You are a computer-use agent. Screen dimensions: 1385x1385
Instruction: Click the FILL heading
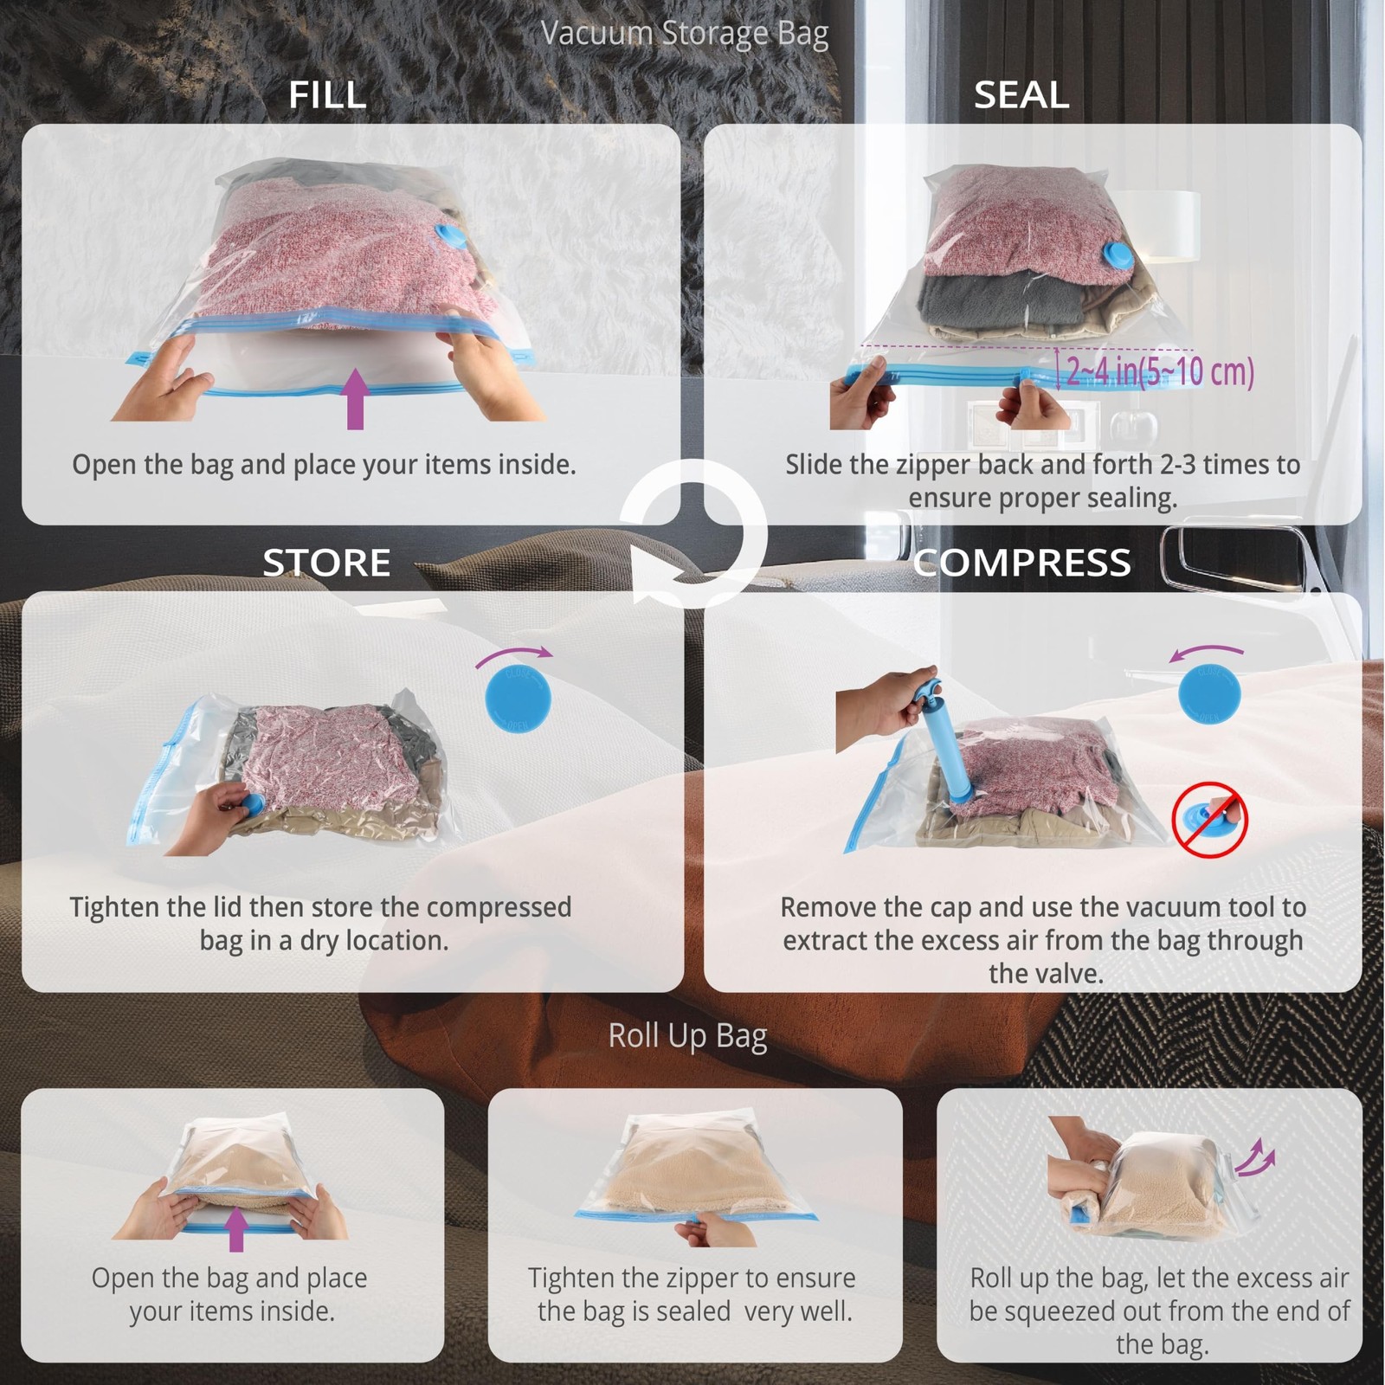coord(327,94)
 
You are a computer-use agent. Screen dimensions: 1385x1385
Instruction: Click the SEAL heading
coord(1021,94)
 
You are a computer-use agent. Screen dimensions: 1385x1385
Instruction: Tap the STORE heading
coord(326,563)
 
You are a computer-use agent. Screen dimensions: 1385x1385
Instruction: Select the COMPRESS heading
coord(1021,563)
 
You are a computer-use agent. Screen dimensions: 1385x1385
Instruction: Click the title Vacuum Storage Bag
coord(685,34)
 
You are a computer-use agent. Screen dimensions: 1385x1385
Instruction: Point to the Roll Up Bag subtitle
coord(687,1036)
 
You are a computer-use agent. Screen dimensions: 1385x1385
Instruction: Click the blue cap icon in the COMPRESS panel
coord(1209,694)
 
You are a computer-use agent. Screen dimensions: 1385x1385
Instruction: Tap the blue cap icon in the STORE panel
coord(518,697)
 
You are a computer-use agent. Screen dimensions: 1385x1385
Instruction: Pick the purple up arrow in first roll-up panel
coord(235,1229)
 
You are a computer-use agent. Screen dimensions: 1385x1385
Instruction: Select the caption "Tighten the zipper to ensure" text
coord(692,1278)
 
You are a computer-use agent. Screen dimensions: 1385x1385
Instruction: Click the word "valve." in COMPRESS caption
coord(1046,974)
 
